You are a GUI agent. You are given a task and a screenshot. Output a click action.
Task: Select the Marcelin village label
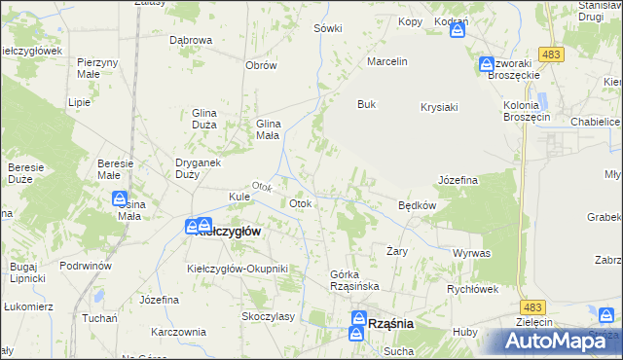386,61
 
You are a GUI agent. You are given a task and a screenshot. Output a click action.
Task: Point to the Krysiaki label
439,107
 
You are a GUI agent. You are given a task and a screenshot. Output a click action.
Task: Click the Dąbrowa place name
191,40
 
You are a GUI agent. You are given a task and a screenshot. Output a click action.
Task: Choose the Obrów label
262,65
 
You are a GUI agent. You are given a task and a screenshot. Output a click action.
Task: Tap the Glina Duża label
210,118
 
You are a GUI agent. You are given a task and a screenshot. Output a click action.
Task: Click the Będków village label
417,205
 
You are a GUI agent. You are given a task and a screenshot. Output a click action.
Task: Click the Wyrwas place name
471,253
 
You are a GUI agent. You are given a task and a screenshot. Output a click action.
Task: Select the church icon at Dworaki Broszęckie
487,65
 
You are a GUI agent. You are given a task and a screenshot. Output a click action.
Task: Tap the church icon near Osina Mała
122,199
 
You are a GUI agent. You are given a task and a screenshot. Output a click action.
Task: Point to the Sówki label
328,28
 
